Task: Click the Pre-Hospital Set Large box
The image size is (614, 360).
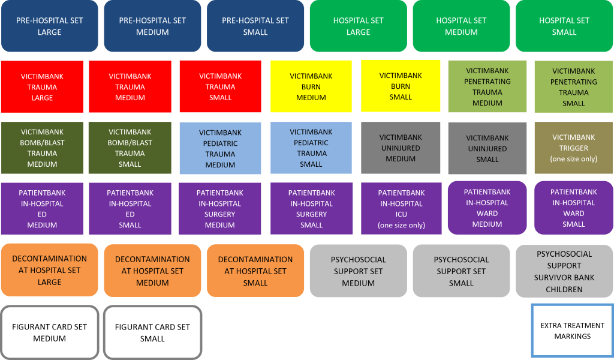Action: (50, 26)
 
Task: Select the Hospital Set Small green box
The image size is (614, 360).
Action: (564, 26)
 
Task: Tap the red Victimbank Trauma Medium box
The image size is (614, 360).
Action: (130, 87)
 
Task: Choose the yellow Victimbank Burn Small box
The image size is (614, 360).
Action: (401, 86)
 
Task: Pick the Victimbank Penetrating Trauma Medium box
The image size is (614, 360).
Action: (487, 87)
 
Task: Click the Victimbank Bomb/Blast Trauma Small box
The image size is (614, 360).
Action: (130, 148)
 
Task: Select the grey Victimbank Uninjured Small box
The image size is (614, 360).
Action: (487, 149)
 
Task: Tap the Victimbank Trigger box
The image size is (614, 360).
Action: (574, 148)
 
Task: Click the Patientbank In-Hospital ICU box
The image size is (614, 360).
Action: (401, 209)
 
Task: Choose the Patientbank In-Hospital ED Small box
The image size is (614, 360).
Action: (130, 209)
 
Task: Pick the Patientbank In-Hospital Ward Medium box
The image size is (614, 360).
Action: (487, 208)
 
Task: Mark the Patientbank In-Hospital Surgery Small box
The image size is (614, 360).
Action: (311, 209)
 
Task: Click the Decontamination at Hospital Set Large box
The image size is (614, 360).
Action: (50, 270)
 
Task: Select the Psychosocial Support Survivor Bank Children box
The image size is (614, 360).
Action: (564, 271)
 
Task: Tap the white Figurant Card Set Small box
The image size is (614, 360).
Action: (152, 332)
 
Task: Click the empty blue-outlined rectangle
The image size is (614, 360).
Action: (572, 331)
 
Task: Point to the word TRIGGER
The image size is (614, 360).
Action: (574, 148)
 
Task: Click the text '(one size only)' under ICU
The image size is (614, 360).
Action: (401, 226)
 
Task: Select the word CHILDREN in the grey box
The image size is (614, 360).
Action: (564, 289)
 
